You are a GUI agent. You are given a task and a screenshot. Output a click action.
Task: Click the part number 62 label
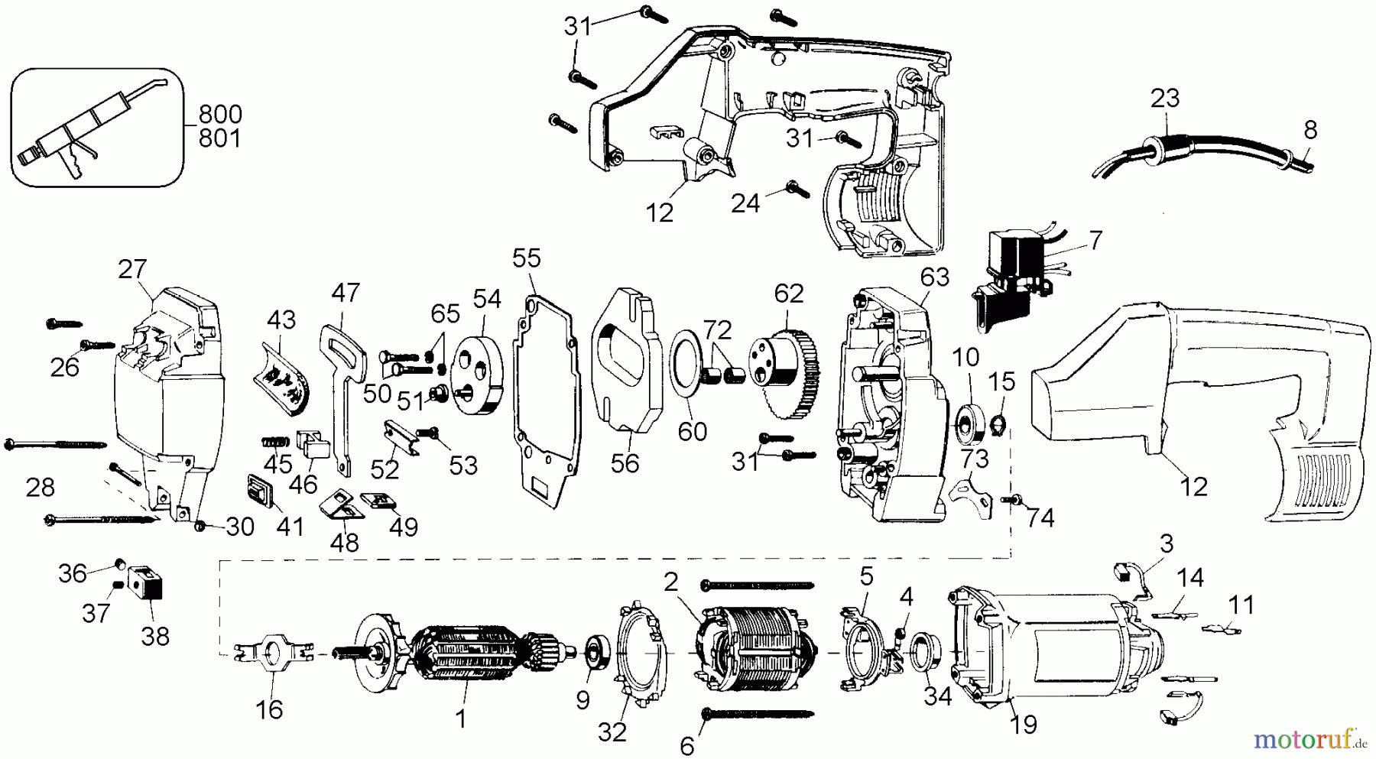point(789,294)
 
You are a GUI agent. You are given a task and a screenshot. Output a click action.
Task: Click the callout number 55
point(526,258)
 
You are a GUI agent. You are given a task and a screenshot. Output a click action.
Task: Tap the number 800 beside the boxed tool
point(220,115)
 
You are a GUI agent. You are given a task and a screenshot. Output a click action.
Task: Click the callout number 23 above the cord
point(1165,98)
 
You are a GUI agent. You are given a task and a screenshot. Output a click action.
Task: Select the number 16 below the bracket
point(269,709)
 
